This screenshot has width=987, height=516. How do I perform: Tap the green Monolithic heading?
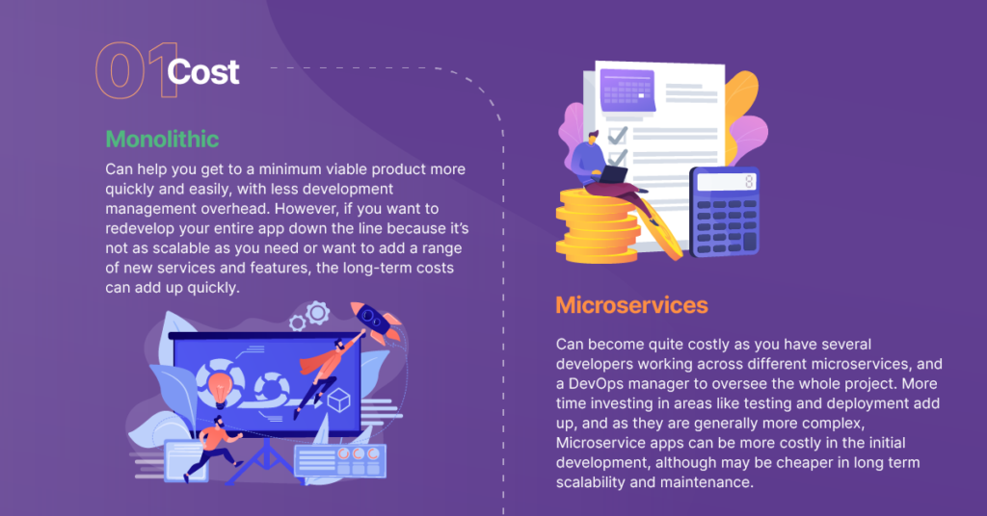coord(162,138)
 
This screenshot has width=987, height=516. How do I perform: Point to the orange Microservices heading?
coord(631,305)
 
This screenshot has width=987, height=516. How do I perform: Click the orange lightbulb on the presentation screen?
coord(220,382)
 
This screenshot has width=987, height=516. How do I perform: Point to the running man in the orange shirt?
coord(219,445)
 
